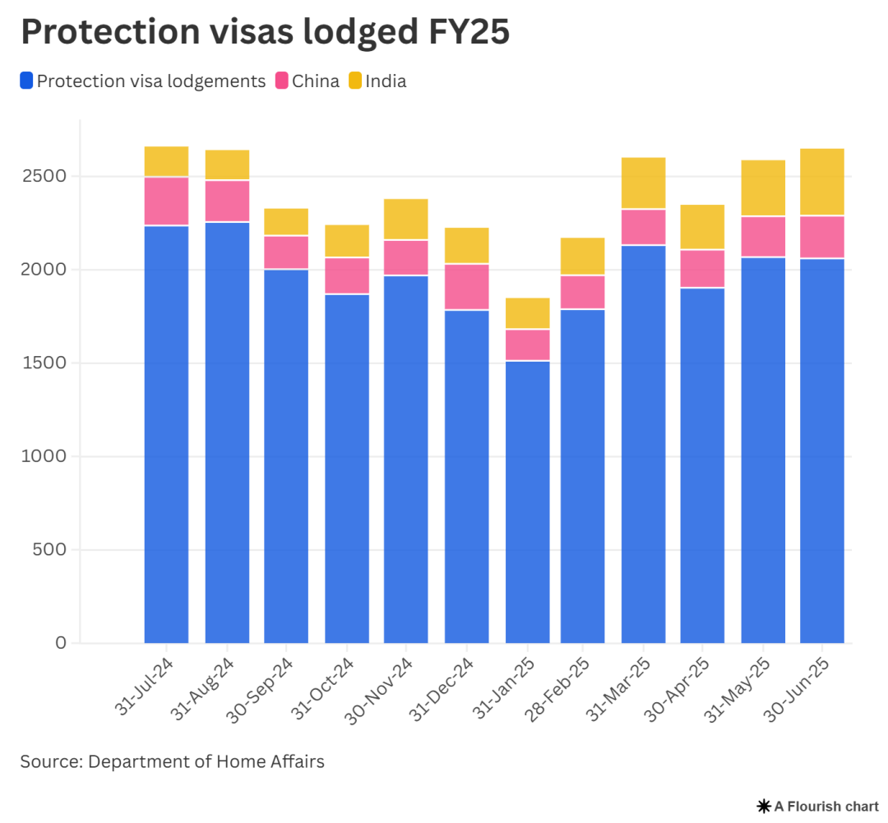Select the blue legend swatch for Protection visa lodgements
point(27,81)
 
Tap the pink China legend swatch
point(282,81)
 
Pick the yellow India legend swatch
point(355,81)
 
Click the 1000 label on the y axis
point(49,456)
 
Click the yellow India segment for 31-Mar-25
point(643,183)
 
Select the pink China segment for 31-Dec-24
point(467,287)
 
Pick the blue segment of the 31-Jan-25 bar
point(528,502)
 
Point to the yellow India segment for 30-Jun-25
point(822,183)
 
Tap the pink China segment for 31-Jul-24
point(166,201)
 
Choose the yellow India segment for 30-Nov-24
point(406,220)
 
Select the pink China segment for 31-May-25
point(763,237)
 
